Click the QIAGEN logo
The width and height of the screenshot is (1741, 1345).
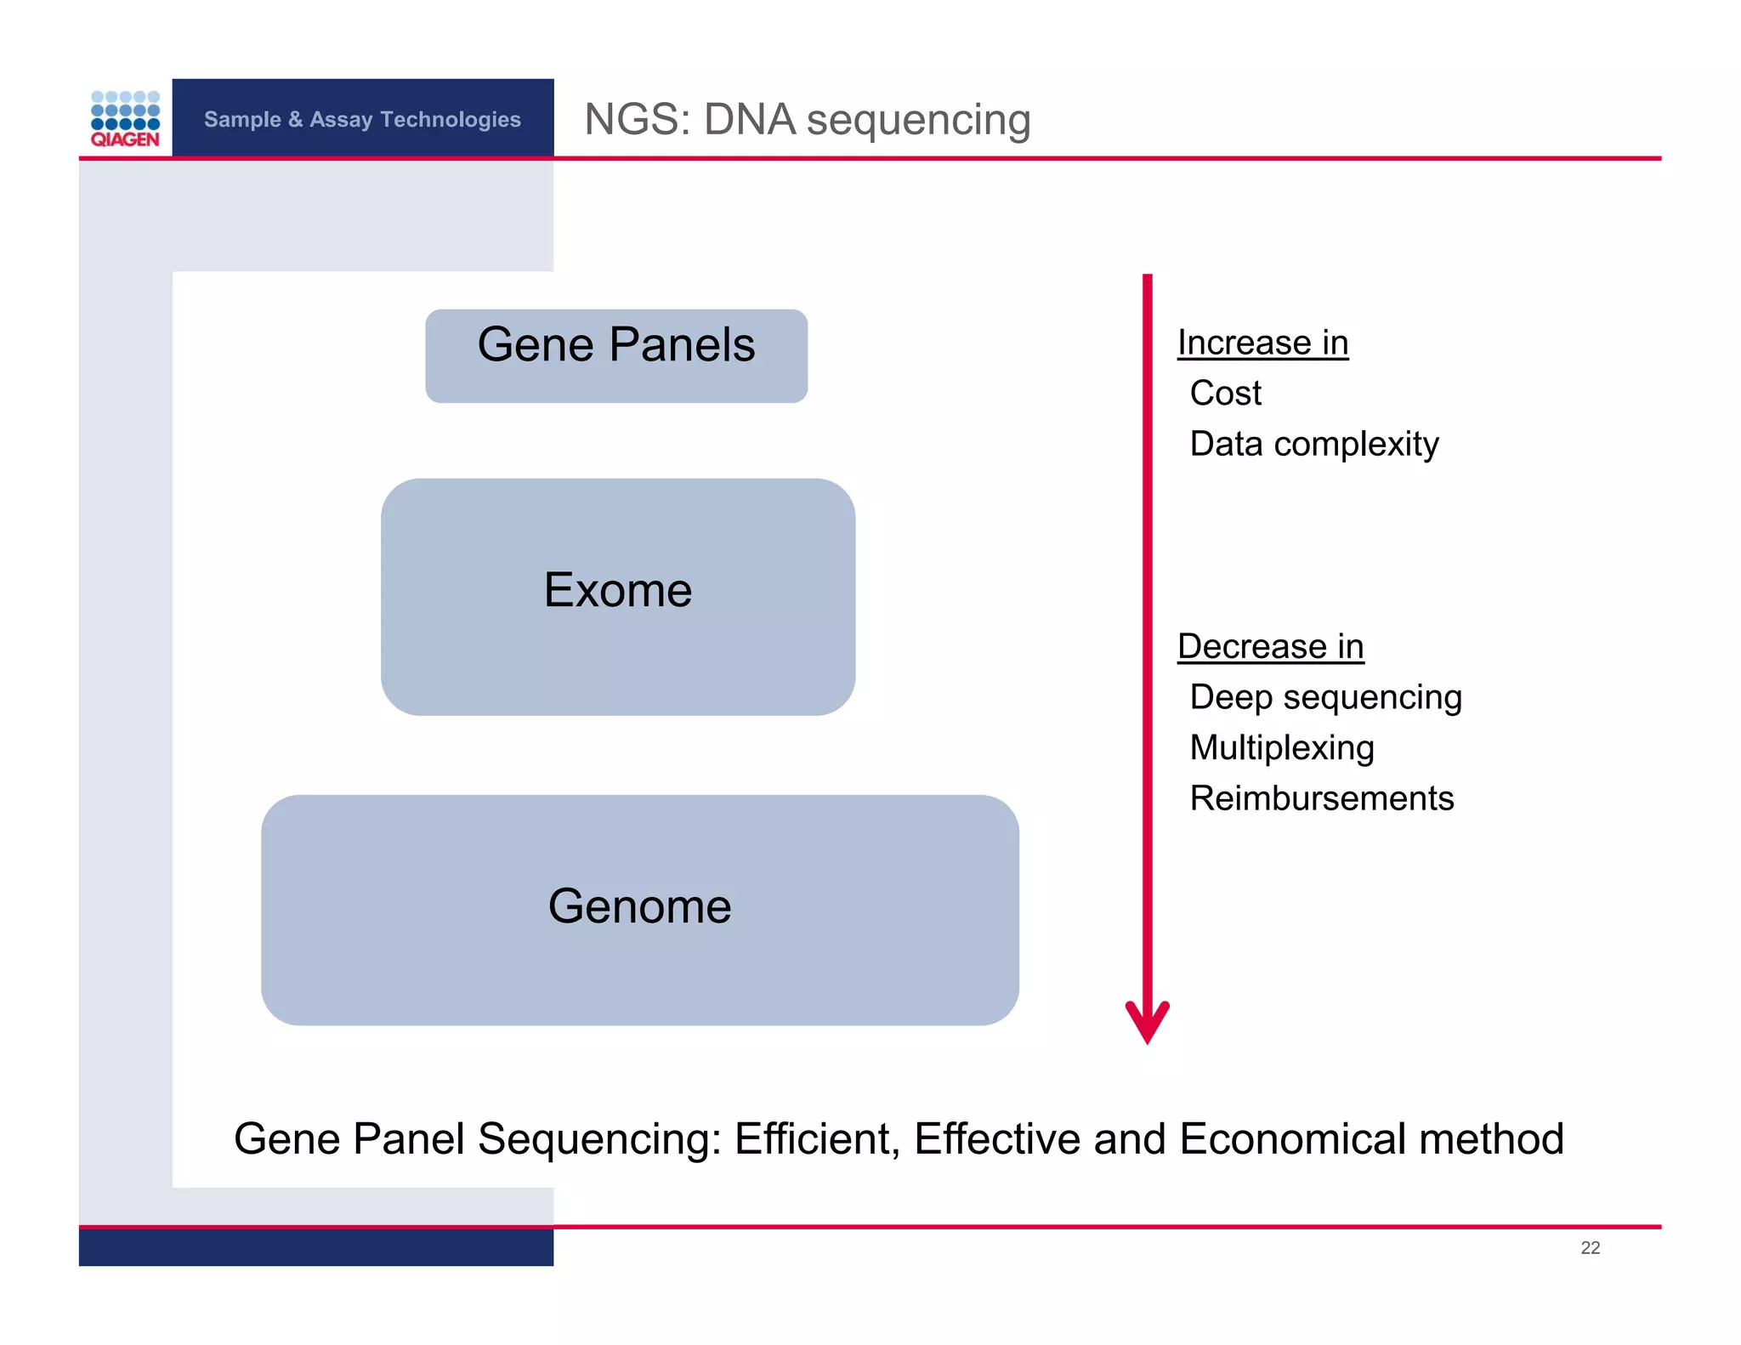click(x=125, y=119)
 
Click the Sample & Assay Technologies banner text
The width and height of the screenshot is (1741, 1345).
click(x=362, y=119)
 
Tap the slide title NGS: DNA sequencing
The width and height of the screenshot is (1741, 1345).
click(x=807, y=119)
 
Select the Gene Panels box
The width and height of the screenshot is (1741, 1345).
click(x=615, y=355)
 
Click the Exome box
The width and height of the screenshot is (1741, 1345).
click(x=617, y=595)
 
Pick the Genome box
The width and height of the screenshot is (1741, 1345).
click(x=639, y=909)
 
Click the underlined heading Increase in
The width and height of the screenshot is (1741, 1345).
click(x=1262, y=343)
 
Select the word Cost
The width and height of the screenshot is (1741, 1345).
click(x=1225, y=394)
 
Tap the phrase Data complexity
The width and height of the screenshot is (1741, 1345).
click(x=1313, y=444)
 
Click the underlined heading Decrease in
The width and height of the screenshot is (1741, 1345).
click(x=1270, y=646)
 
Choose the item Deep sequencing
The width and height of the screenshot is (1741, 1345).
click(x=1325, y=697)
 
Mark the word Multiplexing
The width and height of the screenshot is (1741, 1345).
click(x=1281, y=748)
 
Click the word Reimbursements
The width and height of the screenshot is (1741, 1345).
click(x=1321, y=798)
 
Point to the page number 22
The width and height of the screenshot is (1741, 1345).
click(x=1590, y=1247)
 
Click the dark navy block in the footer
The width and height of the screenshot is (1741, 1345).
click(x=315, y=1248)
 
